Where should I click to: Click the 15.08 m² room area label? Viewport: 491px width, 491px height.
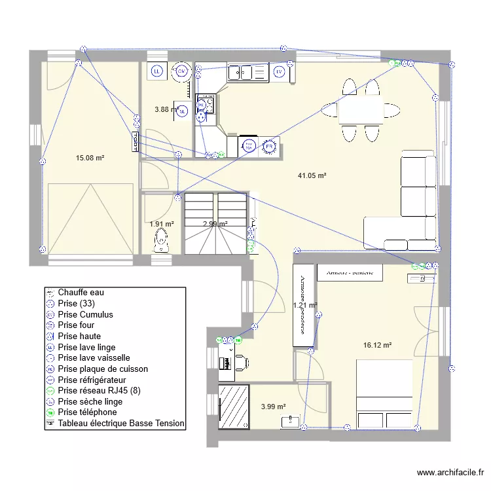click(90, 158)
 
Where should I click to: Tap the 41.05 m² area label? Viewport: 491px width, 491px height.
click(312, 175)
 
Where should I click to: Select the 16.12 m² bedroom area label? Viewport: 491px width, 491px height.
click(377, 345)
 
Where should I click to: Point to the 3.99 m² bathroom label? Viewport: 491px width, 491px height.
click(273, 407)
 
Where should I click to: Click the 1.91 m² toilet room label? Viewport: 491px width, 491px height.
click(162, 224)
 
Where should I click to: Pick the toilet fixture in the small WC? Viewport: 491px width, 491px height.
click(160, 244)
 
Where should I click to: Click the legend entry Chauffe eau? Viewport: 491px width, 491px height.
click(81, 292)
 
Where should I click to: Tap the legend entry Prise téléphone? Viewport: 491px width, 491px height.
click(87, 412)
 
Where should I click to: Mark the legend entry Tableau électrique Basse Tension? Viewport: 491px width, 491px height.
click(121, 424)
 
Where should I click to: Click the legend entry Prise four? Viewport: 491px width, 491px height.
click(76, 325)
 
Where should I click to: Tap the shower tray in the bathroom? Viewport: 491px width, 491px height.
click(234, 407)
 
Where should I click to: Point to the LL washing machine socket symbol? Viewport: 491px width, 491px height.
click(157, 71)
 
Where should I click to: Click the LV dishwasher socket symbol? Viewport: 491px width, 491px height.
click(280, 71)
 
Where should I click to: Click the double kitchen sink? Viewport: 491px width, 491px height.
click(248, 71)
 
